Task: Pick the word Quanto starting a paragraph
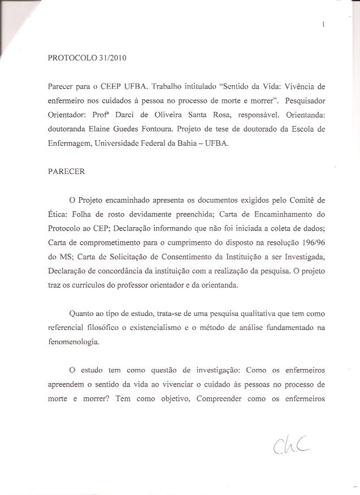point(81,313)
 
